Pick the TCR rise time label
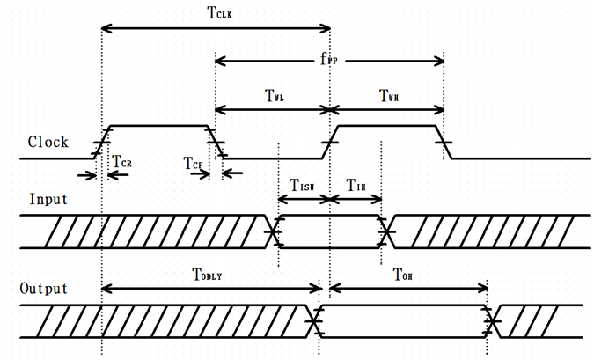123,161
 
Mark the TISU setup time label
303,185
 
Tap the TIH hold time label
356,185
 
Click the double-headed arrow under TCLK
216,30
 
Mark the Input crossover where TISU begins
275,231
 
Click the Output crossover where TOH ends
491,323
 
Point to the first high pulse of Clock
158,127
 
